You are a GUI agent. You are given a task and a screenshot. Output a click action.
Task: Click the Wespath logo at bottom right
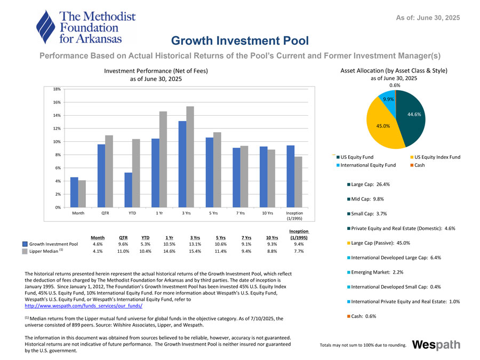tap(436, 345)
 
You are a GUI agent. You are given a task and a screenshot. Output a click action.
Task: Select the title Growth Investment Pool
tap(239, 41)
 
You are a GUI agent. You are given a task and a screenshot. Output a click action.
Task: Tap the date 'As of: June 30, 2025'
tap(428, 18)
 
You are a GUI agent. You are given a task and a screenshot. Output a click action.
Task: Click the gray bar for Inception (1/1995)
tap(298, 182)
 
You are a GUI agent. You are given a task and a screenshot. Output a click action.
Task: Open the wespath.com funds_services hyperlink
tap(84, 307)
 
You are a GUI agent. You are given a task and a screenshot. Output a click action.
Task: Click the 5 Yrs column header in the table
tap(221, 238)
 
